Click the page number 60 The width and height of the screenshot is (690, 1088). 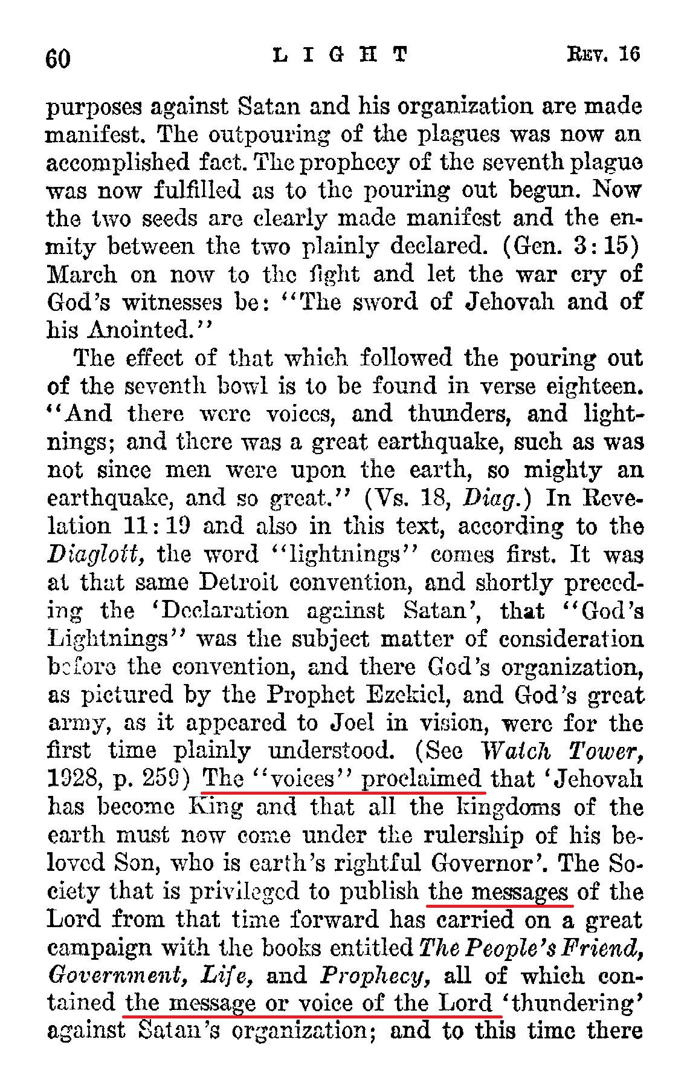coord(59,59)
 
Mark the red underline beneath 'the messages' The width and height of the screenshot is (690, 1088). coord(500,905)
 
